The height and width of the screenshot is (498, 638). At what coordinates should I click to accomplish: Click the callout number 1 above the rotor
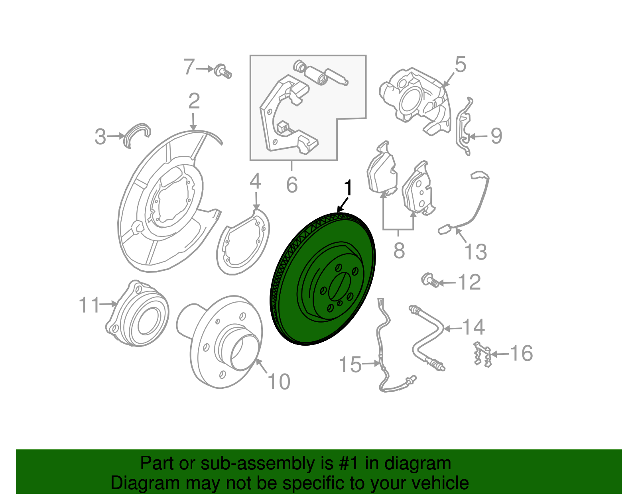pos(349,188)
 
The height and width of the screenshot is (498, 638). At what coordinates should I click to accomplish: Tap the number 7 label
pos(189,67)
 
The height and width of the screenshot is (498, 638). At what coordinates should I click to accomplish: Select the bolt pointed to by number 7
pos(222,71)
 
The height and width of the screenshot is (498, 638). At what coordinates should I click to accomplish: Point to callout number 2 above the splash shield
pos(194,101)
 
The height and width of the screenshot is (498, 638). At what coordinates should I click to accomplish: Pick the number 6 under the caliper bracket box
pos(292,185)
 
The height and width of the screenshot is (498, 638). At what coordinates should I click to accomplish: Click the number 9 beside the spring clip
pos(496,136)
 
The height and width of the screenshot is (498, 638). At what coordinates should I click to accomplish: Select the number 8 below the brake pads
pos(399,251)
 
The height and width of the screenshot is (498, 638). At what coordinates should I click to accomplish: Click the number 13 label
pos(476,252)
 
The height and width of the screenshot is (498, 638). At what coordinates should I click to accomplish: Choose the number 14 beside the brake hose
pos(473,327)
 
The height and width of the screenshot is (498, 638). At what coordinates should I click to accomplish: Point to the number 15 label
pos(350,365)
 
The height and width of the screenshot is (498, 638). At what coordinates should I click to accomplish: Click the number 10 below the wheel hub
pos(279,382)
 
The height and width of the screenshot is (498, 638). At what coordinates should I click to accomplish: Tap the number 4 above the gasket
pos(255,181)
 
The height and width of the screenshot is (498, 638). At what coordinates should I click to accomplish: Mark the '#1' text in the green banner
pos(349,464)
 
